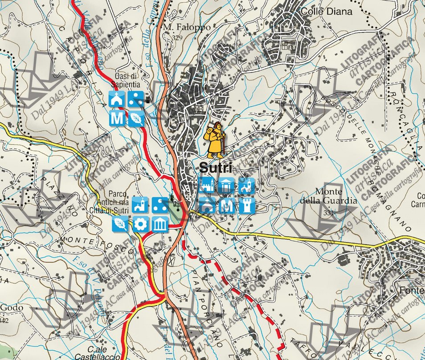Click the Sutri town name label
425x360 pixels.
216,168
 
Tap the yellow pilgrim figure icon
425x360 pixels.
215,139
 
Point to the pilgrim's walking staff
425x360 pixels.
223,145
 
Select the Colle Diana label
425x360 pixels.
327,12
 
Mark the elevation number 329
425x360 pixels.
177,38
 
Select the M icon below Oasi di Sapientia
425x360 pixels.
117,118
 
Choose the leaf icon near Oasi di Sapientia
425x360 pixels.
136,118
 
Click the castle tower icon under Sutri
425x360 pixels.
247,205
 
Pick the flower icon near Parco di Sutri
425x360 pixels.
141,224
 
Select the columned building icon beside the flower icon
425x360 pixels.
160,224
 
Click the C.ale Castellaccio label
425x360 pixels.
104,353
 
